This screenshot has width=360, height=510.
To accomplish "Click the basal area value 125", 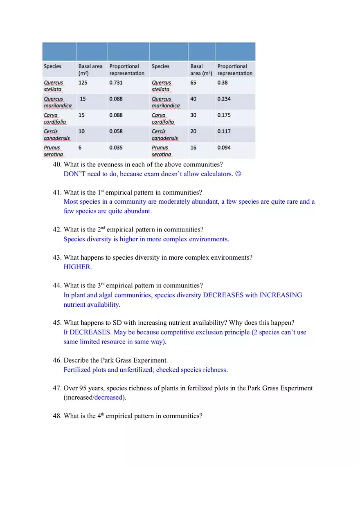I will pos(83,83).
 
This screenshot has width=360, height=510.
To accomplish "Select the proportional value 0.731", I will pos(116,83).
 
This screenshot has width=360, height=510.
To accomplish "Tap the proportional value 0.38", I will pos(223,83).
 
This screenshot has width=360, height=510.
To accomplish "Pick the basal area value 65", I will pos(193,83).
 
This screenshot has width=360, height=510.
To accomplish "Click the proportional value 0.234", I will pos(224,99).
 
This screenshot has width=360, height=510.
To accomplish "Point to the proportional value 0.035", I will pos(116,148).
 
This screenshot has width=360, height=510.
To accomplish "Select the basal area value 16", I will pos(193,148).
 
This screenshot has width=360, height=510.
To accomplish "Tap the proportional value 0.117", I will pos(224,131).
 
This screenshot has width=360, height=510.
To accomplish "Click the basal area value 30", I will pos(193,115).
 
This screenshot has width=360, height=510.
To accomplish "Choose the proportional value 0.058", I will pos(116,131).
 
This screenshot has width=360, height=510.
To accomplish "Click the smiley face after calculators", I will pos(239,174).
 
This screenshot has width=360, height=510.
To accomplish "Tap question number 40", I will pos(57,164).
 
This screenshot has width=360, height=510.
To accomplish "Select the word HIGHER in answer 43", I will pos(77,267).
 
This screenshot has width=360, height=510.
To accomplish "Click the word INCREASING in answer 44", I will pos(281,295).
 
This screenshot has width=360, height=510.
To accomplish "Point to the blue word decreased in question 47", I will pos(108,398).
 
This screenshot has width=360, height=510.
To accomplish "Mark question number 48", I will pos(57,416).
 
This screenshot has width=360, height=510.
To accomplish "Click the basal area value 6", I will pos(80,148).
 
